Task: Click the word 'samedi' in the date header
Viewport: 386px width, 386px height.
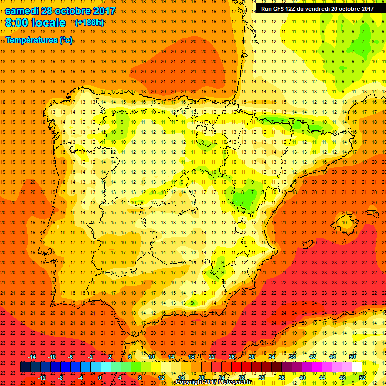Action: tap(23, 11)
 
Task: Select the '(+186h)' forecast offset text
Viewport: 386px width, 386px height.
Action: tap(89, 23)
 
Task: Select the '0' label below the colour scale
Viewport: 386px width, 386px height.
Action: tap(100, 378)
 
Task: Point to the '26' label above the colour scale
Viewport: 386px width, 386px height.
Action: tap(232, 357)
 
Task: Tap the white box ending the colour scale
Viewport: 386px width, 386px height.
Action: tap(357, 367)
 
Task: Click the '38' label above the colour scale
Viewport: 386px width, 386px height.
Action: tap(292, 357)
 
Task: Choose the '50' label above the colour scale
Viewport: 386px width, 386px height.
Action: tap(352, 357)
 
